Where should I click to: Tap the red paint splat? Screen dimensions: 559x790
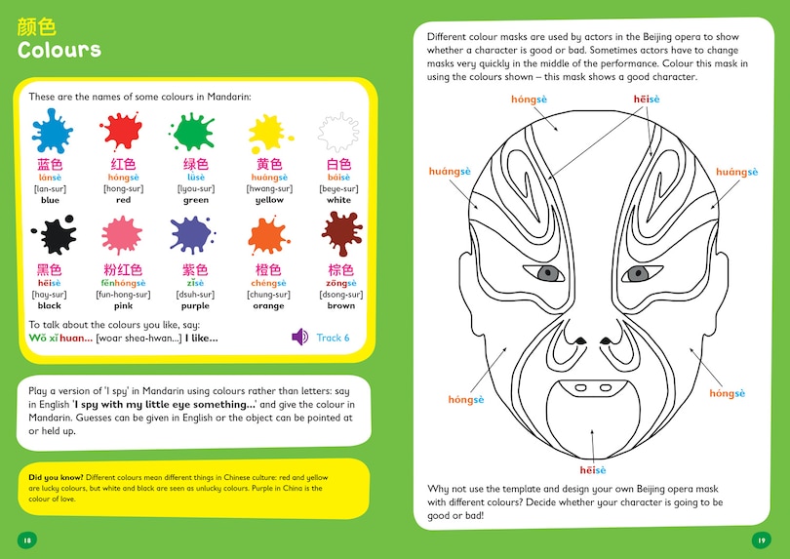pyautogui.click(x=122, y=131)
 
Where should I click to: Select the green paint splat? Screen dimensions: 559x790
pyautogui.click(x=194, y=131)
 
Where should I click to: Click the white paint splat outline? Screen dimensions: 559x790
pyautogui.click(x=338, y=131)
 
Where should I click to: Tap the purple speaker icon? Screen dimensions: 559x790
pyautogui.click(x=300, y=338)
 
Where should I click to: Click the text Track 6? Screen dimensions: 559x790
pyautogui.click(x=333, y=339)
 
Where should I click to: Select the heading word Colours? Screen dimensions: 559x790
pyautogui.click(x=59, y=49)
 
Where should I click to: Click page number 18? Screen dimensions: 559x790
pyautogui.click(x=26, y=539)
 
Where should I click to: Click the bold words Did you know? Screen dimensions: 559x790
pyautogui.click(x=57, y=477)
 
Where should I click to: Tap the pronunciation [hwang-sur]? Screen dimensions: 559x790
pyautogui.click(x=268, y=188)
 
